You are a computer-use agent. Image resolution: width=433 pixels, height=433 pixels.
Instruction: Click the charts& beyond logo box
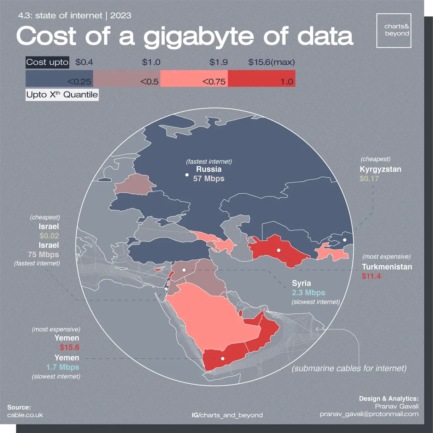[394, 30]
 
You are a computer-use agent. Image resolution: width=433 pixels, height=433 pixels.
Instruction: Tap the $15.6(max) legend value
[271, 62]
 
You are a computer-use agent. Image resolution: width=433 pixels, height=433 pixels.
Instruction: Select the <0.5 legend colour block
[127, 78]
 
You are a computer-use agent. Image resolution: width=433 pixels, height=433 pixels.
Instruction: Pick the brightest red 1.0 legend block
[261, 78]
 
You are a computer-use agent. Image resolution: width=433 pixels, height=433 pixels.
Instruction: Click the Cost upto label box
[47, 62]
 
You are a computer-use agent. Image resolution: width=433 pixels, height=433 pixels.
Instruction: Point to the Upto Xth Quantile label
[62, 95]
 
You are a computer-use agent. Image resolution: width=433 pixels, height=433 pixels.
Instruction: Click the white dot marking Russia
[187, 175]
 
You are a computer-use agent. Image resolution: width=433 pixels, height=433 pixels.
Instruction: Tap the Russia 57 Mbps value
[209, 179]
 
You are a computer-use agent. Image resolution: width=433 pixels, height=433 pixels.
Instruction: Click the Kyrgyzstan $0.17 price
[369, 179]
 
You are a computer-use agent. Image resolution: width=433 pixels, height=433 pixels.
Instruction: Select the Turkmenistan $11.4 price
[371, 276]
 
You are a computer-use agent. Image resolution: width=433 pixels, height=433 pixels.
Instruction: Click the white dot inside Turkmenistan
[279, 250]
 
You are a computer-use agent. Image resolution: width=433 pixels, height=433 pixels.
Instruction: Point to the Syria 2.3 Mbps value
[308, 293]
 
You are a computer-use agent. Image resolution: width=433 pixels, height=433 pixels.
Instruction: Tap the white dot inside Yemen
[223, 359]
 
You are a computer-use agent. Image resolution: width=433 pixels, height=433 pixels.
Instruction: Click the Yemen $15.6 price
[69, 347]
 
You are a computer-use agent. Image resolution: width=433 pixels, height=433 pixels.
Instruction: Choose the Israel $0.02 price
[49, 236]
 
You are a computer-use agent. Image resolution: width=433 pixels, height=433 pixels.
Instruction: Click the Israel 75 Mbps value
[43, 254]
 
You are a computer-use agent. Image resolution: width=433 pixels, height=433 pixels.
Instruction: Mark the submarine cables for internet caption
[349, 368]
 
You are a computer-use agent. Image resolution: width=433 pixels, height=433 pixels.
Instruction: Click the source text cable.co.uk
[25, 415]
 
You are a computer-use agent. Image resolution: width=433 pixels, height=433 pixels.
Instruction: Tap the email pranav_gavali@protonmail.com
[369, 414]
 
